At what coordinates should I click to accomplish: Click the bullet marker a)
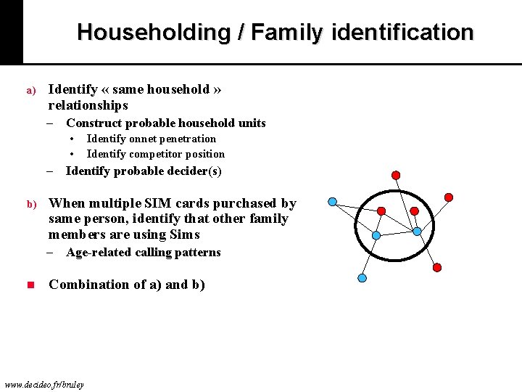pos(31,91)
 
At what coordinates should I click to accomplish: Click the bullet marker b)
pos(31,205)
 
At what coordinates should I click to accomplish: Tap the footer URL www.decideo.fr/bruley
pos(43,384)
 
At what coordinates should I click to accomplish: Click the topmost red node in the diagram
pos(396,175)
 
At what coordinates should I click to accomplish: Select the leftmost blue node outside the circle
pos(332,201)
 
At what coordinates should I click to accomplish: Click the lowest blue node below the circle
pos(362,278)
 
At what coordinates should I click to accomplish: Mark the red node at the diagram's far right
pos(449,197)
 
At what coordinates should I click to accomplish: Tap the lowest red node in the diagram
pos(437,267)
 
